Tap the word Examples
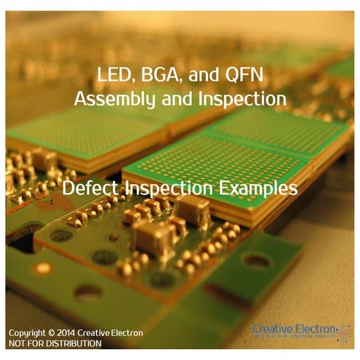(255, 188)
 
